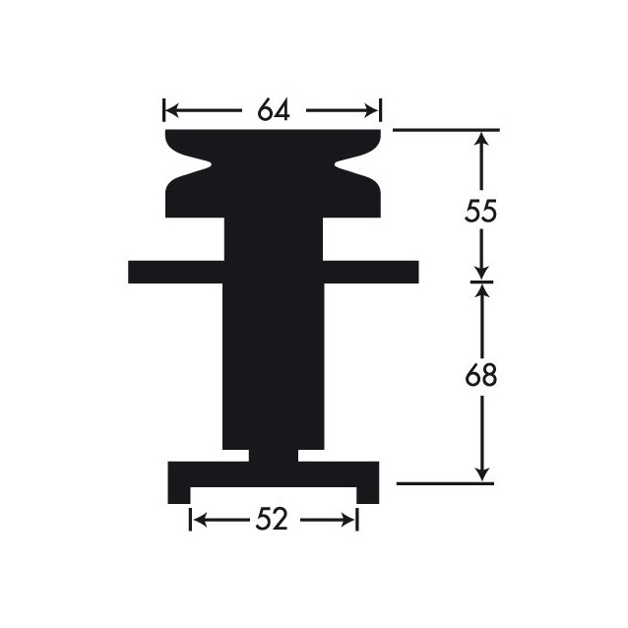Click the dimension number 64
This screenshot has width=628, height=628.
tap(273, 109)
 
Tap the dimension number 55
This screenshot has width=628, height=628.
tap(480, 211)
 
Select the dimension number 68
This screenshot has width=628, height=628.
tap(481, 375)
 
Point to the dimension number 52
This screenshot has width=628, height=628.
tap(272, 520)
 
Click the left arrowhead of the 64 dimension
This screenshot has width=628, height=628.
tap(171, 110)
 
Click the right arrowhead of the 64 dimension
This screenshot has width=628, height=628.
tap(371, 110)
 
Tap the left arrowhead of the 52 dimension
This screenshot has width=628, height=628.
tap(199, 521)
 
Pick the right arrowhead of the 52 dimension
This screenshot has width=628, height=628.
tap(348, 521)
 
